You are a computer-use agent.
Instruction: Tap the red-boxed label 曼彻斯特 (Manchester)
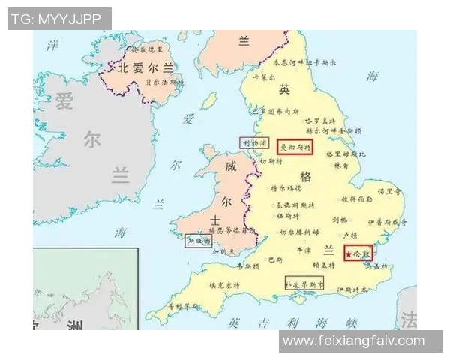click(x=295, y=147)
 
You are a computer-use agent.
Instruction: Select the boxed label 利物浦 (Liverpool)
click(x=253, y=142)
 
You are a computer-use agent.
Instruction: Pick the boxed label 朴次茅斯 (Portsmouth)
click(x=304, y=285)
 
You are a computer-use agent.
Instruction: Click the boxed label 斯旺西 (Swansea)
click(x=199, y=241)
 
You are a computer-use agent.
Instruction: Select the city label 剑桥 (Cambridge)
click(x=340, y=220)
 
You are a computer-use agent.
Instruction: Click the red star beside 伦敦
click(x=349, y=255)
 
